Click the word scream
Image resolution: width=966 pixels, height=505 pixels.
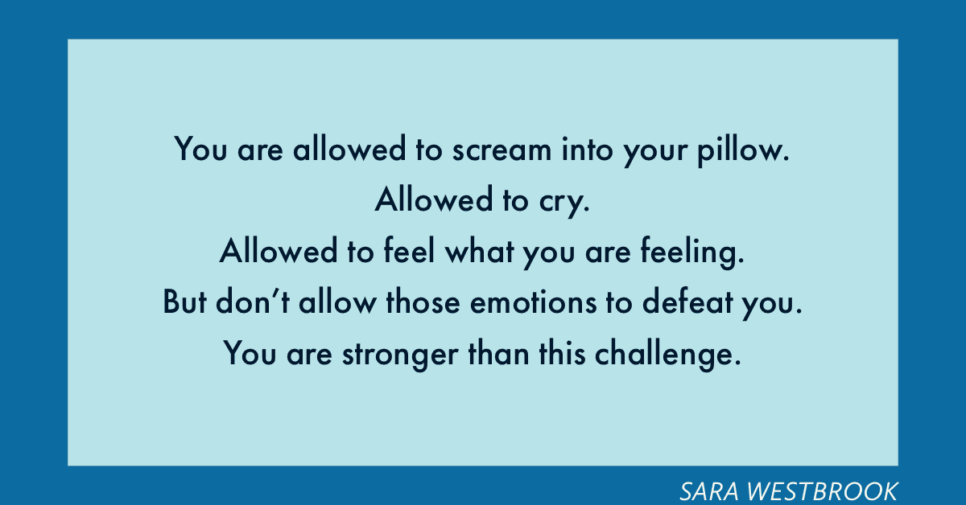502,150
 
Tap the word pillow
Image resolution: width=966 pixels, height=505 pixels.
744,151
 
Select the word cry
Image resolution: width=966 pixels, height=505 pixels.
564,203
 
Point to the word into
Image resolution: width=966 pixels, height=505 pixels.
587,149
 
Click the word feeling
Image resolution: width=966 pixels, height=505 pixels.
692,252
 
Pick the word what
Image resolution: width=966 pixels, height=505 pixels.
480,250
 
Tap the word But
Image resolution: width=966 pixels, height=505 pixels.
185,302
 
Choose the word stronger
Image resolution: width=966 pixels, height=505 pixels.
400,355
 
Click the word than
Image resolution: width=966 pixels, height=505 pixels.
498,351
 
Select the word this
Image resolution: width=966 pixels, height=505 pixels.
563,351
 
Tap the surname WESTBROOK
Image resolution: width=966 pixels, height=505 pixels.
823,491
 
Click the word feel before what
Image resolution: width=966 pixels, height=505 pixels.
409,250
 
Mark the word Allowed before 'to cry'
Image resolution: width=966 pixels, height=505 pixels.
433,199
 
